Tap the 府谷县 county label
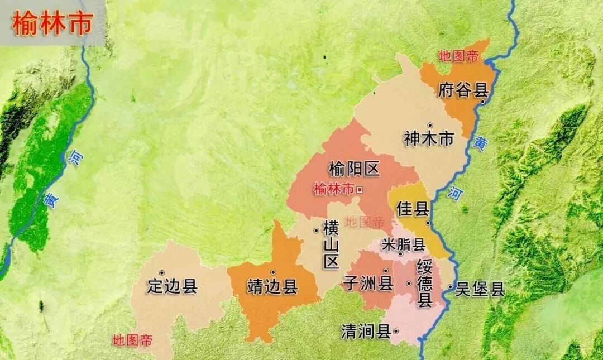(463, 90)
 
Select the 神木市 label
(429, 139)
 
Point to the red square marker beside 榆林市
(360, 190)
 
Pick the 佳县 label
(413, 209)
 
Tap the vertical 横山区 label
(332, 245)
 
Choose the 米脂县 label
(404, 244)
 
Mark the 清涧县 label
(366, 332)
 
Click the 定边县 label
(172, 286)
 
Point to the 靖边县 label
(272, 287)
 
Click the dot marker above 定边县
(162, 273)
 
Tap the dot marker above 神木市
(430, 125)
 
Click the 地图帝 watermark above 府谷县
(458, 56)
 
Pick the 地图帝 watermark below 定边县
(132, 340)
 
